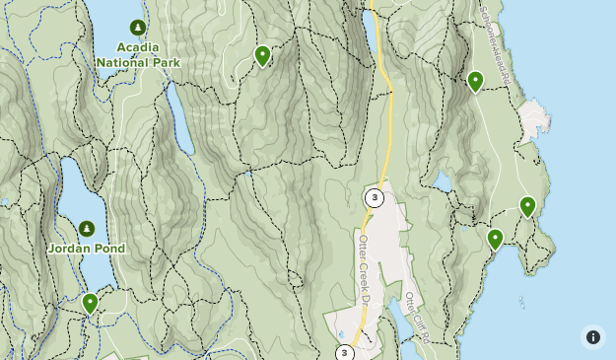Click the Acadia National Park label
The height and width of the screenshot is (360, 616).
point(138,54)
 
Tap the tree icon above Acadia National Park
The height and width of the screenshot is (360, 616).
point(138,27)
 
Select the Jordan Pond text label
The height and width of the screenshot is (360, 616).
point(87,249)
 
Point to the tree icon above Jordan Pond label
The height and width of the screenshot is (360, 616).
point(87,229)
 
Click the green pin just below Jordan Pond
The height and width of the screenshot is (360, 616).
point(90,303)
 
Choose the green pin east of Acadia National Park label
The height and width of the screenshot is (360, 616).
point(262,55)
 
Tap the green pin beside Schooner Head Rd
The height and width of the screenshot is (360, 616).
point(475,81)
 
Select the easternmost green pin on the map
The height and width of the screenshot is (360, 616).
point(527,206)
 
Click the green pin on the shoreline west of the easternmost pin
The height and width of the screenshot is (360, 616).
point(495,239)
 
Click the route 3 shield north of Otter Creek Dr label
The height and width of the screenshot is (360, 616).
point(374,198)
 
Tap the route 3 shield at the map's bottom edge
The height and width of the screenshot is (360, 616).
point(344,352)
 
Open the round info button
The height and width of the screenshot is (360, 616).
point(592,336)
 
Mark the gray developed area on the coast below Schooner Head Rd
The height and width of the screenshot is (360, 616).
point(533,118)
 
